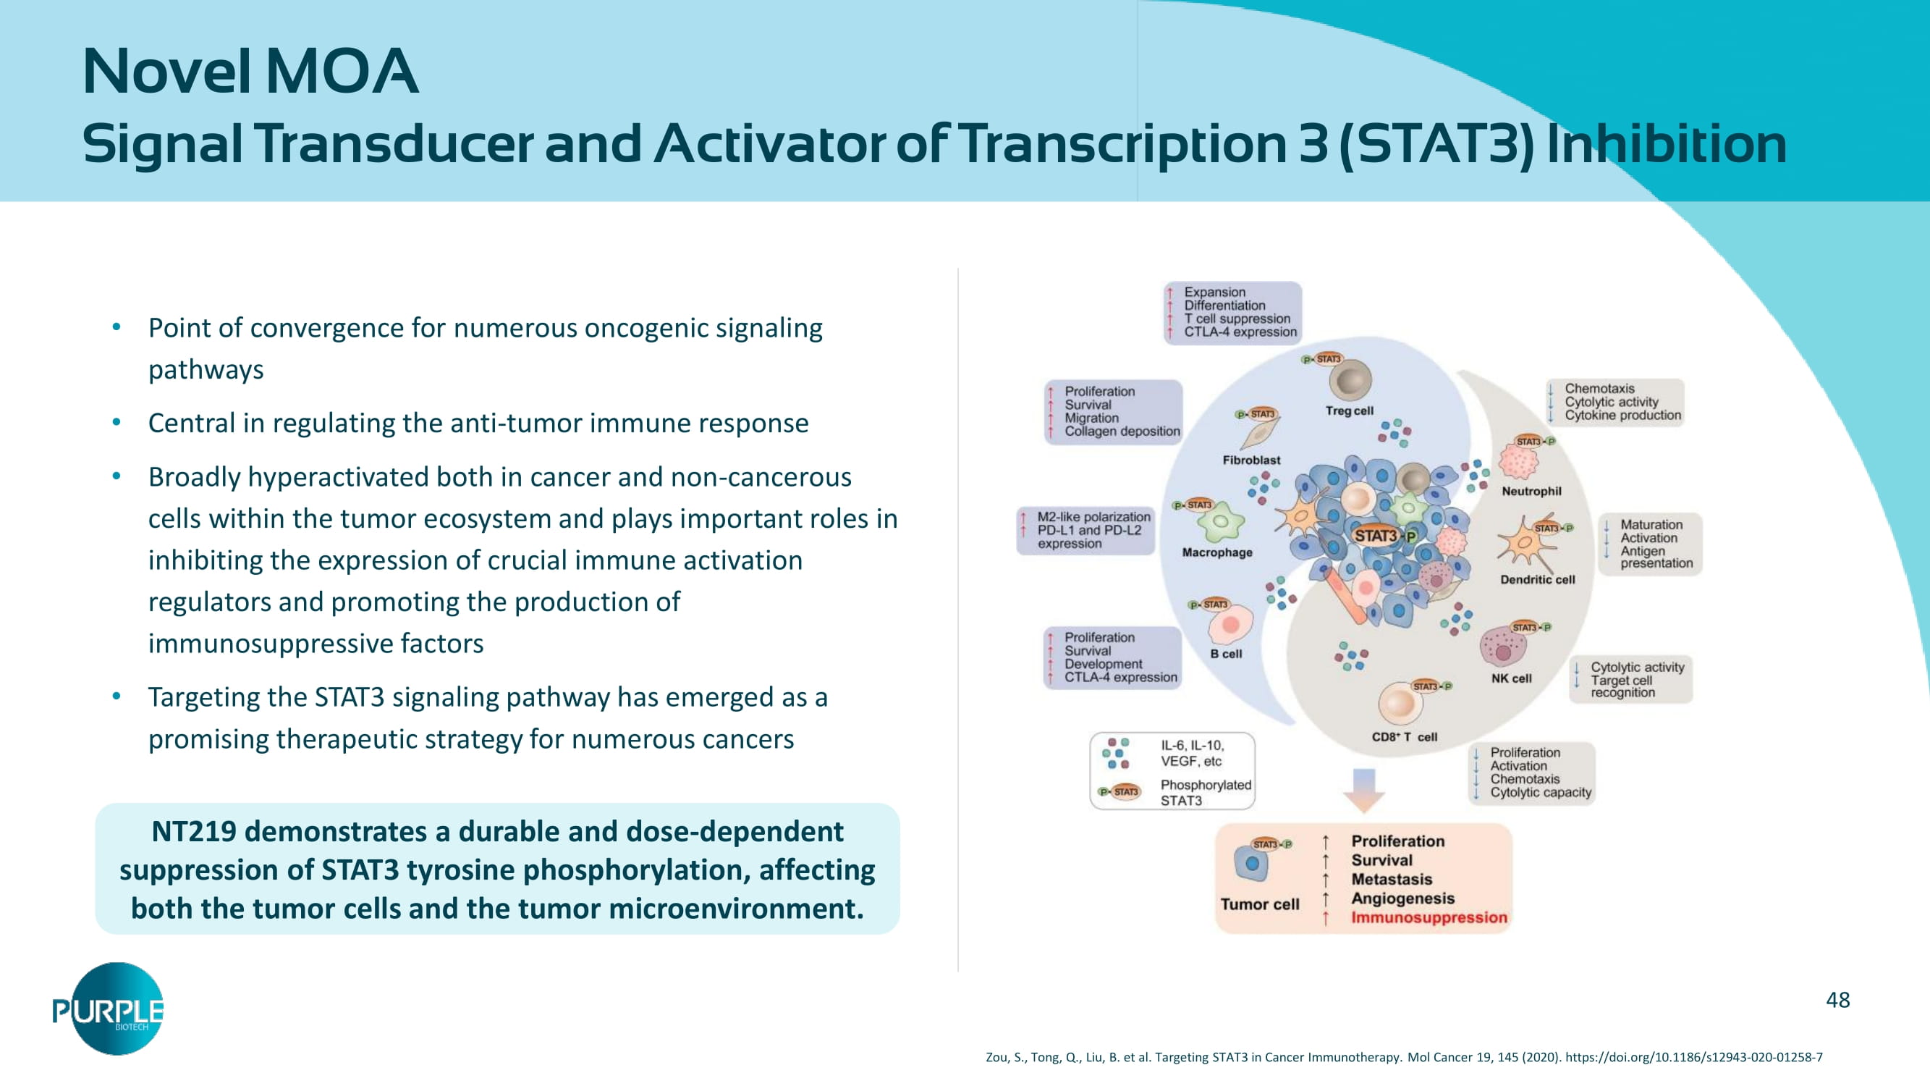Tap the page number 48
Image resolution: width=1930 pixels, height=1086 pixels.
1837,1000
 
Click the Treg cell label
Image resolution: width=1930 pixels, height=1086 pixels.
1349,411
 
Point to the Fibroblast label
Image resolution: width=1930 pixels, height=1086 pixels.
1251,460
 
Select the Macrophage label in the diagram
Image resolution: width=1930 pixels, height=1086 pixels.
1216,552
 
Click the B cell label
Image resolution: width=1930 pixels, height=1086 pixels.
1226,654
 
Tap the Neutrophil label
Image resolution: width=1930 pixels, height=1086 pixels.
1531,491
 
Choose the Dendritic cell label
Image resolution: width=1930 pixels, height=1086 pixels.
1536,579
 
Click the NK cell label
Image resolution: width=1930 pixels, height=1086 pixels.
1511,678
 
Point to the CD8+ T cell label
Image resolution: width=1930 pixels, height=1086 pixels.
1404,737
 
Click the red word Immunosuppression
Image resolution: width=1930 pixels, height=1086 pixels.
1429,917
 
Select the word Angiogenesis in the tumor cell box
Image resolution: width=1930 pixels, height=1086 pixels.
1402,898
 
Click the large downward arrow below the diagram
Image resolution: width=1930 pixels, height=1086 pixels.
1363,790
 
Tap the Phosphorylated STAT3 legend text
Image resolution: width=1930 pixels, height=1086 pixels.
1206,792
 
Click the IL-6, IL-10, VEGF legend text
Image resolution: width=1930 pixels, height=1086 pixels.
1192,753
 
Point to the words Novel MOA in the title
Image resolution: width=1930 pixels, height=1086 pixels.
250,71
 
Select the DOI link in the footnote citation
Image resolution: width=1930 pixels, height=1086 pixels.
1693,1057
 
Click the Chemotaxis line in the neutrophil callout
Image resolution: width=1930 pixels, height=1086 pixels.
1599,388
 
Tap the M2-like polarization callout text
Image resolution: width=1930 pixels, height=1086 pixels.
1093,516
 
